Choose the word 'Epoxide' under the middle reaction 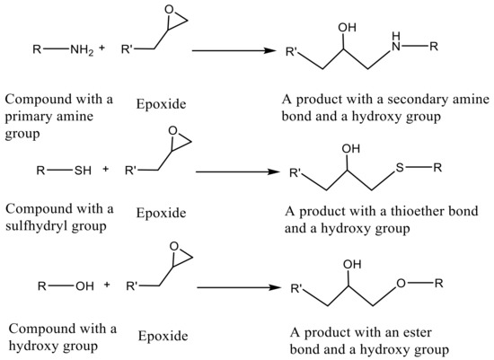pos(162,213)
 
